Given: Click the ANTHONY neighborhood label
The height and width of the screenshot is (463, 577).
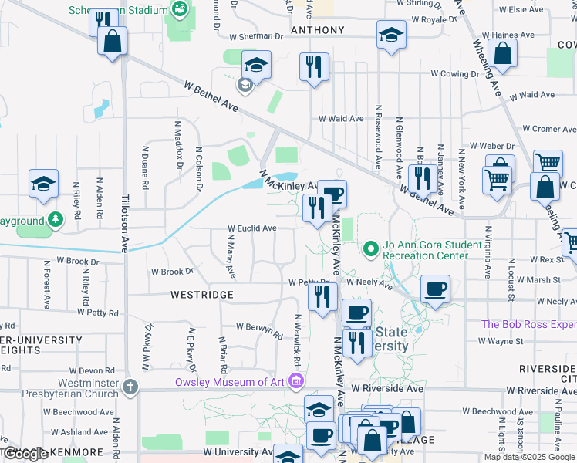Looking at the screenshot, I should coord(317,30).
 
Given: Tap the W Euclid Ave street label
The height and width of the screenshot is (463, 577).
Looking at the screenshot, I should coord(251,228).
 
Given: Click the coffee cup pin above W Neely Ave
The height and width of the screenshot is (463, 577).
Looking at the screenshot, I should coord(435,289).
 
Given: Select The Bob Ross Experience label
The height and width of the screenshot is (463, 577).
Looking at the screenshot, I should coord(529,324).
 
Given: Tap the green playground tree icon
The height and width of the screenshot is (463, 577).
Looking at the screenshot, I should coord(55,221).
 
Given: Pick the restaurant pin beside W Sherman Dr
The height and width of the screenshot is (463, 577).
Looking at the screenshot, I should coord(314,66).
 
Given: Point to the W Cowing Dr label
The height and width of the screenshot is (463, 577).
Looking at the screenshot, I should coord(455,73).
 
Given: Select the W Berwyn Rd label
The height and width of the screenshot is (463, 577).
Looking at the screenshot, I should coord(260,330).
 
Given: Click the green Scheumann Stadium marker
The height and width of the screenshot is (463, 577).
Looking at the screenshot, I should coord(180,10).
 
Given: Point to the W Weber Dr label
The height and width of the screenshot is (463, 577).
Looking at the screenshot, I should coord(491,146).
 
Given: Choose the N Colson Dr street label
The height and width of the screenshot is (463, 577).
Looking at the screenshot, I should coord(198,168).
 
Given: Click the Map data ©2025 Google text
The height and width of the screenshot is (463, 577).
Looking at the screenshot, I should coord(529,457).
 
